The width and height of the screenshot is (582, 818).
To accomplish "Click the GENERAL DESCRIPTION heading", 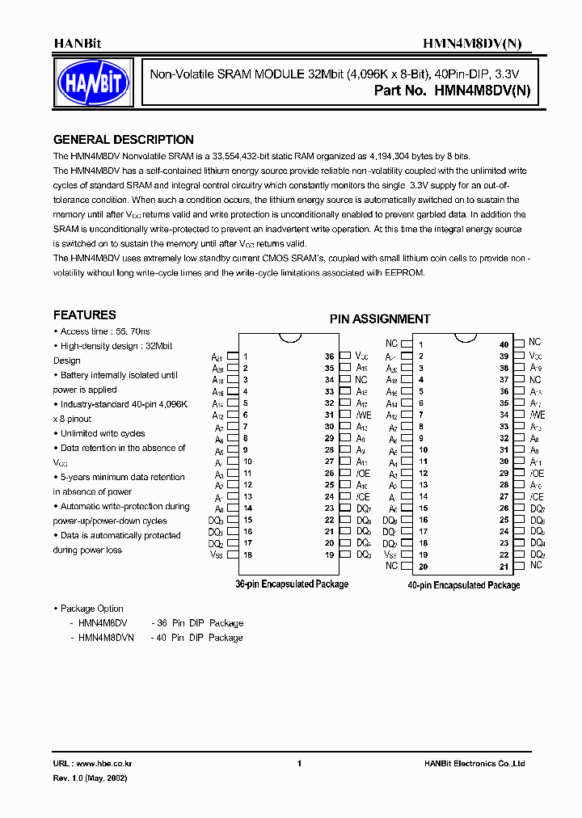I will click(123, 140).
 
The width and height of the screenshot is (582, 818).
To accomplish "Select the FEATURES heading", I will click(85, 315).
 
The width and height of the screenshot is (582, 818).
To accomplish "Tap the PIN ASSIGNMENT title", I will click(380, 319).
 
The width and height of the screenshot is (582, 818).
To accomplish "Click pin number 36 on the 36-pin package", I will click(330, 356).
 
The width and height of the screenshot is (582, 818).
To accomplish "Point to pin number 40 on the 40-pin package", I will click(504, 344).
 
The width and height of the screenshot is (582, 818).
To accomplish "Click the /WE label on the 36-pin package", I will click(364, 415).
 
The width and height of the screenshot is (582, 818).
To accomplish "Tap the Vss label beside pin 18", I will click(216, 554).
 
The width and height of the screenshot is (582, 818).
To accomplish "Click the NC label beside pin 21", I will click(536, 565).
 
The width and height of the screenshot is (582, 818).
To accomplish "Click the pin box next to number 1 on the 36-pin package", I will click(232, 356).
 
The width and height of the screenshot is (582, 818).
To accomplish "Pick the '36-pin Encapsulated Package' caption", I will click(292, 584).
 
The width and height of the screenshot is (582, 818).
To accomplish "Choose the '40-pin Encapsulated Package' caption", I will click(464, 585).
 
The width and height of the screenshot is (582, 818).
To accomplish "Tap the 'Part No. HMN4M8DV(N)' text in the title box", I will click(452, 91).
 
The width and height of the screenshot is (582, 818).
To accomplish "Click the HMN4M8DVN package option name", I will click(106, 638).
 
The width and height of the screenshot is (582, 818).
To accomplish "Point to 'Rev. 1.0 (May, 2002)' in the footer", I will click(90, 778).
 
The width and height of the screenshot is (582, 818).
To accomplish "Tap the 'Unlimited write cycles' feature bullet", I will click(103, 433).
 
